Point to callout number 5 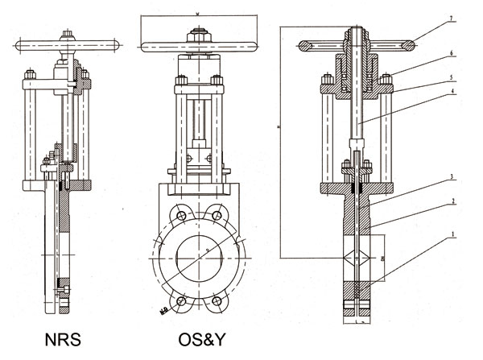[452, 77]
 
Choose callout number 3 [452, 175]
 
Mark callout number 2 [452, 201]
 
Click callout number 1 [452, 235]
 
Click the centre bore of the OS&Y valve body [198, 258]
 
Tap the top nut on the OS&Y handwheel [196, 35]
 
